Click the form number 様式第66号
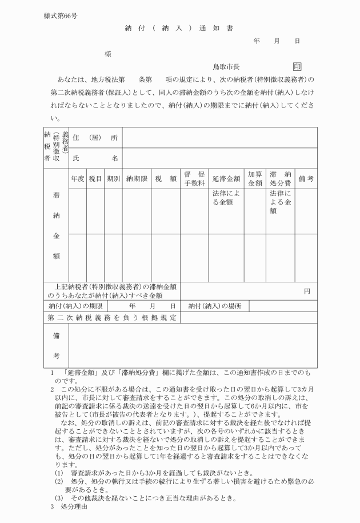pos(61,15)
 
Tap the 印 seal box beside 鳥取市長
pos(297,67)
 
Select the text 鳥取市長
pos(226,67)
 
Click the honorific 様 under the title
pos(107,54)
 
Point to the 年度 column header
pos(78,178)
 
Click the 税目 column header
pos(95,178)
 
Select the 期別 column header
pos(113,178)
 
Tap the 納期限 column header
pos(137,178)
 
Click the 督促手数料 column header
pos(195,178)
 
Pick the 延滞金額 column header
pos(225,178)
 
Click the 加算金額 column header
pos(255,178)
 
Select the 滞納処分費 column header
pos(281,178)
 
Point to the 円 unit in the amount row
pos(307,291)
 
